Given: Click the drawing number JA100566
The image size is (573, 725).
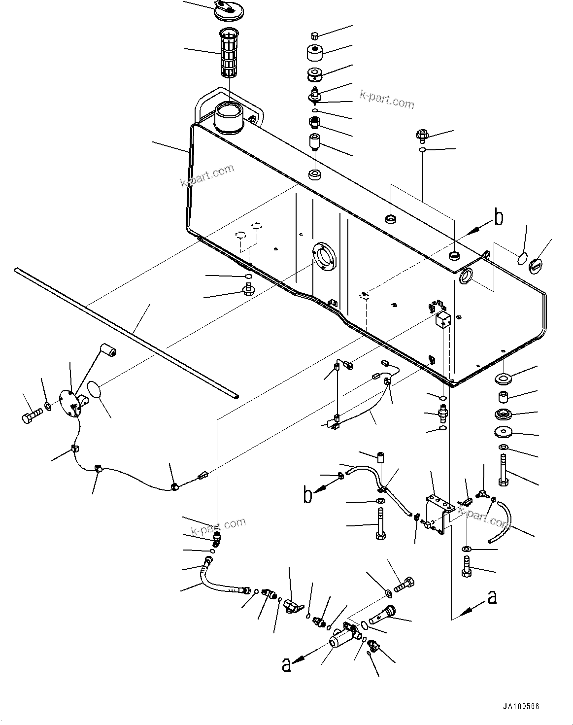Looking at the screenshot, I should (x=521, y=707).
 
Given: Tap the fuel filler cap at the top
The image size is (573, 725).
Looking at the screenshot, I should (x=229, y=10).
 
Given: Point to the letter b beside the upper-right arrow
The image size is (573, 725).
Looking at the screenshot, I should (x=499, y=218).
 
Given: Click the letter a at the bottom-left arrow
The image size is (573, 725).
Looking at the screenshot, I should (x=286, y=665).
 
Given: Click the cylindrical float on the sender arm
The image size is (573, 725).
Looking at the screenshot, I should (x=108, y=352).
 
